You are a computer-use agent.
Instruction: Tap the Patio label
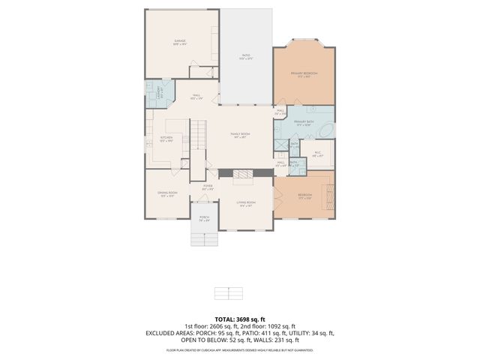(245, 55)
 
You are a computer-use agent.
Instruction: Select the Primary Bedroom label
(304, 73)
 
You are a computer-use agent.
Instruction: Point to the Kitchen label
(166, 139)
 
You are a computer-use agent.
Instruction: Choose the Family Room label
(240, 135)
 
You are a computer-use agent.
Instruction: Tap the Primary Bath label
(304, 122)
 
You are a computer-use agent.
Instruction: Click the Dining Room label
(166, 193)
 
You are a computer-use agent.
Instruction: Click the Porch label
(204, 219)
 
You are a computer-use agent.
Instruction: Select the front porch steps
(202, 238)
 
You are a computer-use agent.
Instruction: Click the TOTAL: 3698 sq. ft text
(239, 319)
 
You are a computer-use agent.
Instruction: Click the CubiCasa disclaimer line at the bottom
(239, 349)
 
